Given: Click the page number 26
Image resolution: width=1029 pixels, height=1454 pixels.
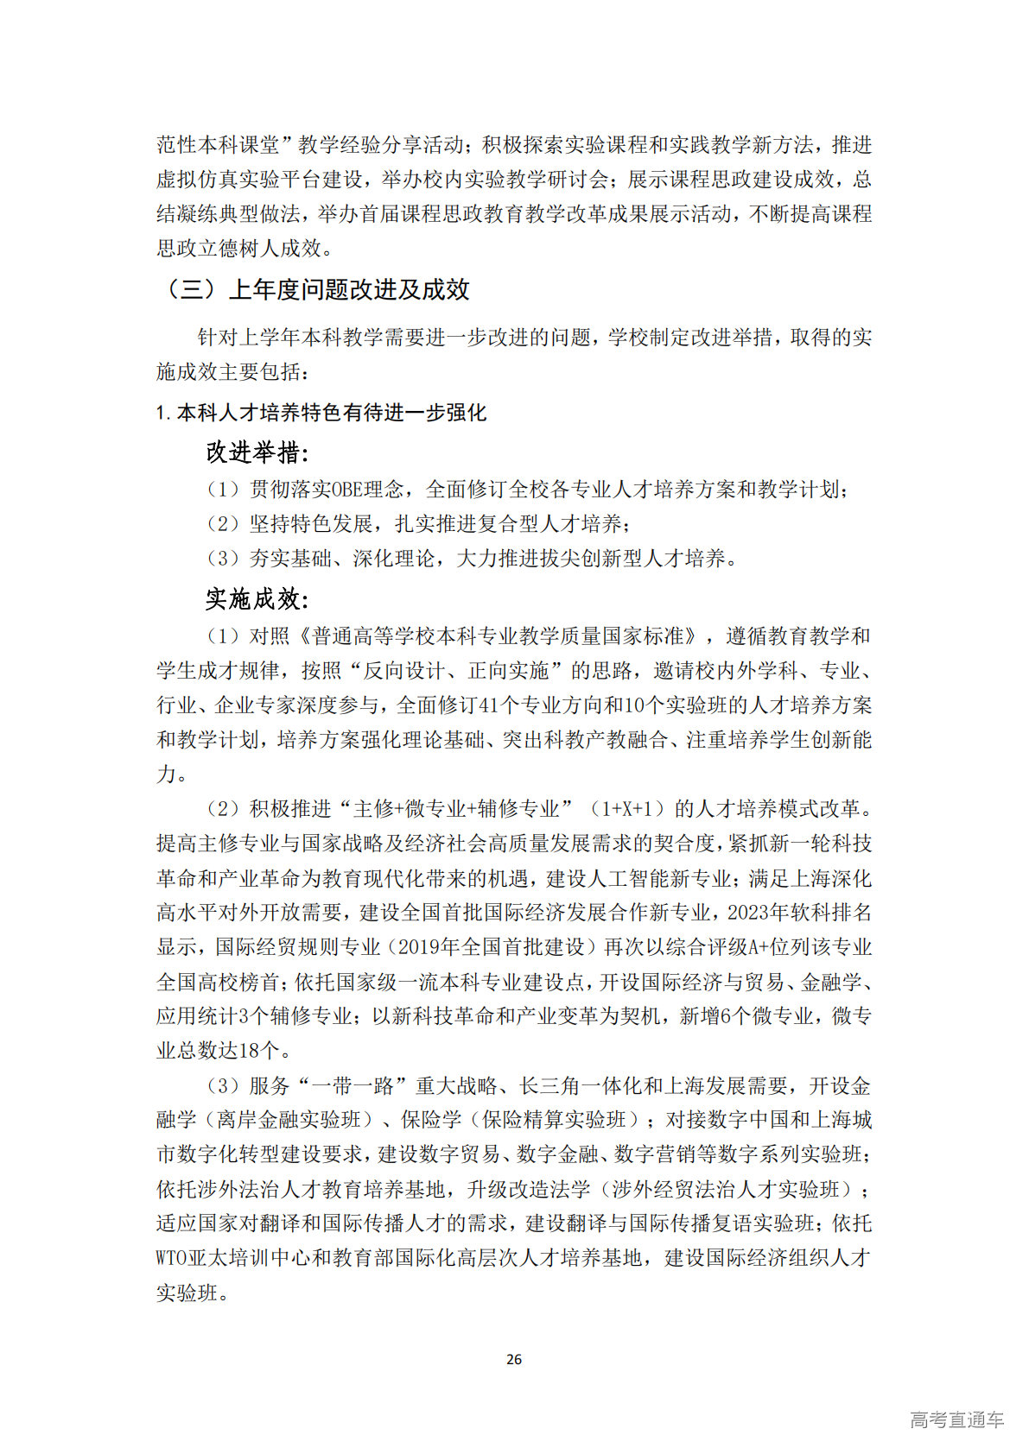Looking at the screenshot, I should (x=513, y=1359).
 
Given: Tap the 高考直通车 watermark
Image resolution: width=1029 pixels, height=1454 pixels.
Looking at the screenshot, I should (x=956, y=1419).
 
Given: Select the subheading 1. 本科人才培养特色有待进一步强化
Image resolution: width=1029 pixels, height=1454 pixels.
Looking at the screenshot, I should (x=321, y=413).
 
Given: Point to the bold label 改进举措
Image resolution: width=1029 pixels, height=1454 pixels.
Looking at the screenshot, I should (x=257, y=452).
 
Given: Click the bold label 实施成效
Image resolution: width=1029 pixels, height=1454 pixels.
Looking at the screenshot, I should (x=257, y=598).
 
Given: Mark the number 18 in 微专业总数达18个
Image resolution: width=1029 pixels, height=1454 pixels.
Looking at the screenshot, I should (x=250, y=1051).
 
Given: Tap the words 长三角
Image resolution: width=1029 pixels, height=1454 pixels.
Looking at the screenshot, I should (x=549, y=1085).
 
